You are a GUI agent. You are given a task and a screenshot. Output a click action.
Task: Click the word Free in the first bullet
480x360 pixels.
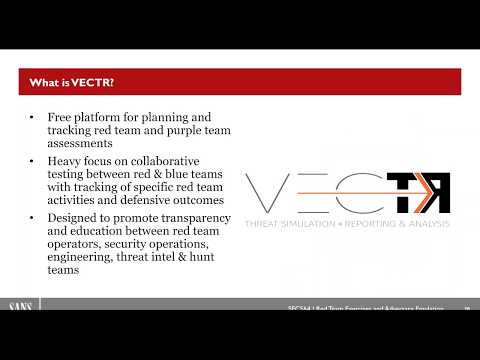[60, 117]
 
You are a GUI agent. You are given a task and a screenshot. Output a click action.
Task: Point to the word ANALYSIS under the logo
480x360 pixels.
[427, 223]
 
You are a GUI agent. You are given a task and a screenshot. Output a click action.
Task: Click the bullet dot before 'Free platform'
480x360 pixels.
[33, 118]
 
